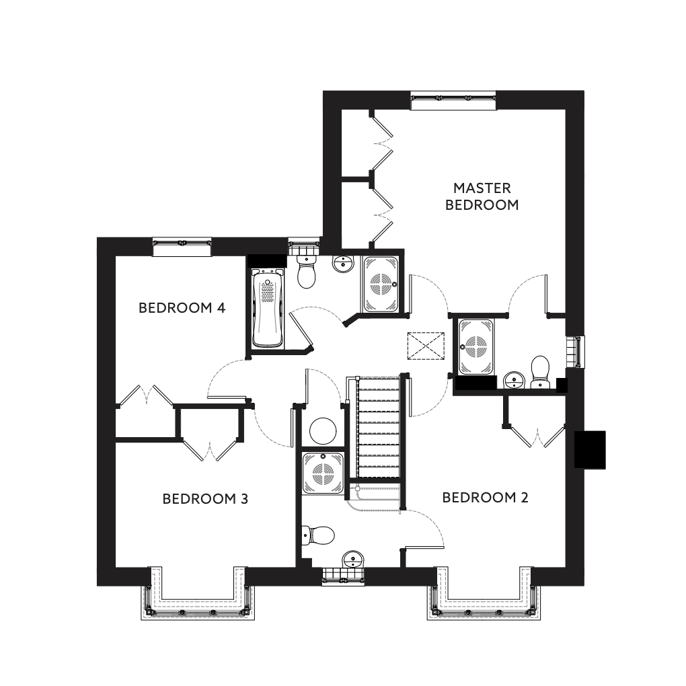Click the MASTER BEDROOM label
(482, 196)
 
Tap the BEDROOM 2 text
(485, 498)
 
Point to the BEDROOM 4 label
(182, 308)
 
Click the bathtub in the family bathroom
(267, 309)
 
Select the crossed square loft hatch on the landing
(426, 345)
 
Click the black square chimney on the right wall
(590, 449)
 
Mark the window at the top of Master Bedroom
(453, 100)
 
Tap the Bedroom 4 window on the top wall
(182, 247)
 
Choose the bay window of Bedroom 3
(198, 595)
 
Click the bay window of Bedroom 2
(483, 595)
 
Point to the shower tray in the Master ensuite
(475, 346)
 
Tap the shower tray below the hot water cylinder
(323, 473)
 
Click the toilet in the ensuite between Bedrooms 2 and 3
(320, 535)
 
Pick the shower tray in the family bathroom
(382, 283)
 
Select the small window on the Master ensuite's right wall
(576, 351)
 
